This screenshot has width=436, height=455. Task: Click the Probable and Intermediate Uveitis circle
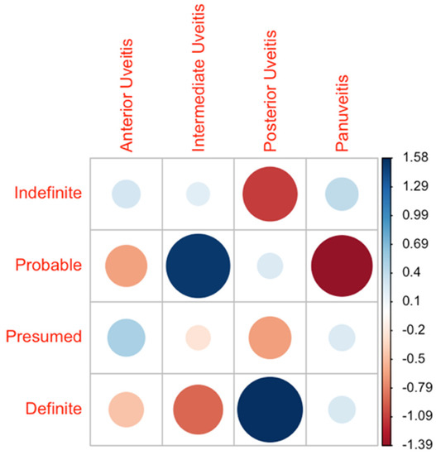point(198,266)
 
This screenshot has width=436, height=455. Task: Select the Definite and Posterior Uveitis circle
point(270,409)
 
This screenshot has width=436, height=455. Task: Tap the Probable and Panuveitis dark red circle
point(341,266)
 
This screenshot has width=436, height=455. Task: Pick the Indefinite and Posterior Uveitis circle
point(270,194)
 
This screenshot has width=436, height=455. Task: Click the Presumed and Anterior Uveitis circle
point(126,338)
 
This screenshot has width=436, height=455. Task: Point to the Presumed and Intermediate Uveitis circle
point(198,338)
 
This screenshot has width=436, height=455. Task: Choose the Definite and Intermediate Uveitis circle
point(198,409)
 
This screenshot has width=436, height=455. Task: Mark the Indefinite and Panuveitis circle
point(341,194)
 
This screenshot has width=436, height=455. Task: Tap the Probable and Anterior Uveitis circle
point(126,266)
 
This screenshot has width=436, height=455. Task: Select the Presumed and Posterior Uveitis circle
point(270,338)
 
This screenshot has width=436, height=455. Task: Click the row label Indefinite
point(46,194)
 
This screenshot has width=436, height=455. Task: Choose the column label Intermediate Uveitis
point(199,79)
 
